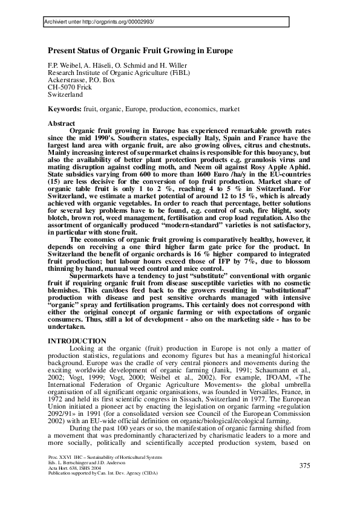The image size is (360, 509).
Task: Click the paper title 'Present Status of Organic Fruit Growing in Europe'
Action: tap(140, 51)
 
